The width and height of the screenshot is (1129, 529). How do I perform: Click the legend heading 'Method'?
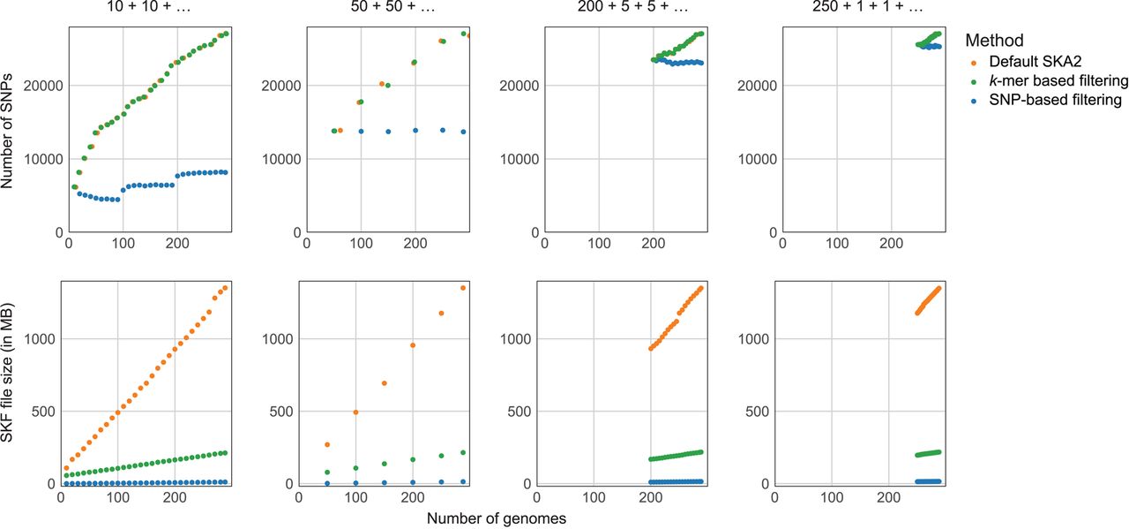coord(994,41)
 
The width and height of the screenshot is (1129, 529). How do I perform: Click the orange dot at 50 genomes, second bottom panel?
coord(327,445)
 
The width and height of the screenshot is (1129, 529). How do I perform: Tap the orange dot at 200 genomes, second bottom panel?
coord(412,345)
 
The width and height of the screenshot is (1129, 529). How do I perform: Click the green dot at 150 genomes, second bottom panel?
coord(385,464)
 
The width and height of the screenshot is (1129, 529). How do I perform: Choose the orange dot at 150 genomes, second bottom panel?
coord(385,383)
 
